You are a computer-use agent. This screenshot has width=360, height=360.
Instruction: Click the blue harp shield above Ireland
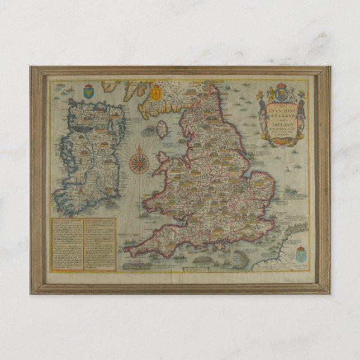click(88, 91)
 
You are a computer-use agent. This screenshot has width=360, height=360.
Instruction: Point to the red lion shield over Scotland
click(156, 92)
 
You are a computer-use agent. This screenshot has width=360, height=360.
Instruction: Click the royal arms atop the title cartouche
click(282, 92)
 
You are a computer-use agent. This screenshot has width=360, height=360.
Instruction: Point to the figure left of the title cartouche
click(263, 120)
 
